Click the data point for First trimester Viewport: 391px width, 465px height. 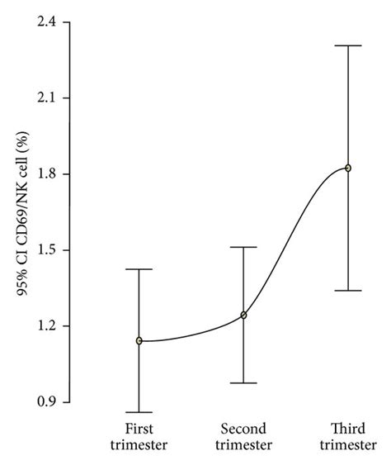tap(139, 340)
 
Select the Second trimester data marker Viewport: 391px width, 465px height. tap(243, 315)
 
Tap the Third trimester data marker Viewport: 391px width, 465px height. tap(348, 168)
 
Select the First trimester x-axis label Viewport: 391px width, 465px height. tap(139, 437)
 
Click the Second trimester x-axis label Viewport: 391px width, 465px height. tap(243, 437)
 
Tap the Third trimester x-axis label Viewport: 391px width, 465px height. tap(348, 437)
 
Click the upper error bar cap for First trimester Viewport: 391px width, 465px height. tap(139, 269)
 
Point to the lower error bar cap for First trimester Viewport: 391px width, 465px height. tap(139, 411)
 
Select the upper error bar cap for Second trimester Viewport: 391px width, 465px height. tap(243, 247)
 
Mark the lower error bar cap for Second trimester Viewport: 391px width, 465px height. tap(243, 382)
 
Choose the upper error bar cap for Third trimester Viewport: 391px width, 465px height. tap(348, 45)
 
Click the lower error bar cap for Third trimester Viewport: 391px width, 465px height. tap(348, 291)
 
